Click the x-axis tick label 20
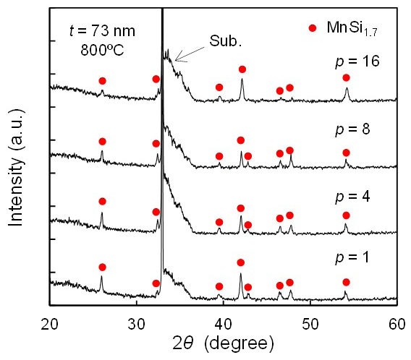tap(50, 321)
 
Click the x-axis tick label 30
tap(137, 321)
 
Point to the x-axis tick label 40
tap(224, 321)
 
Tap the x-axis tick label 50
tap(310, 321)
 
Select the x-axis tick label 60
tap(397, 321)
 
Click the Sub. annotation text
tap(225, 40)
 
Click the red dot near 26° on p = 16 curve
tap(102, 81)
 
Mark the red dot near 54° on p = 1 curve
tap(346, 282)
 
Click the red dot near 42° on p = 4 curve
tap(240, 208)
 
